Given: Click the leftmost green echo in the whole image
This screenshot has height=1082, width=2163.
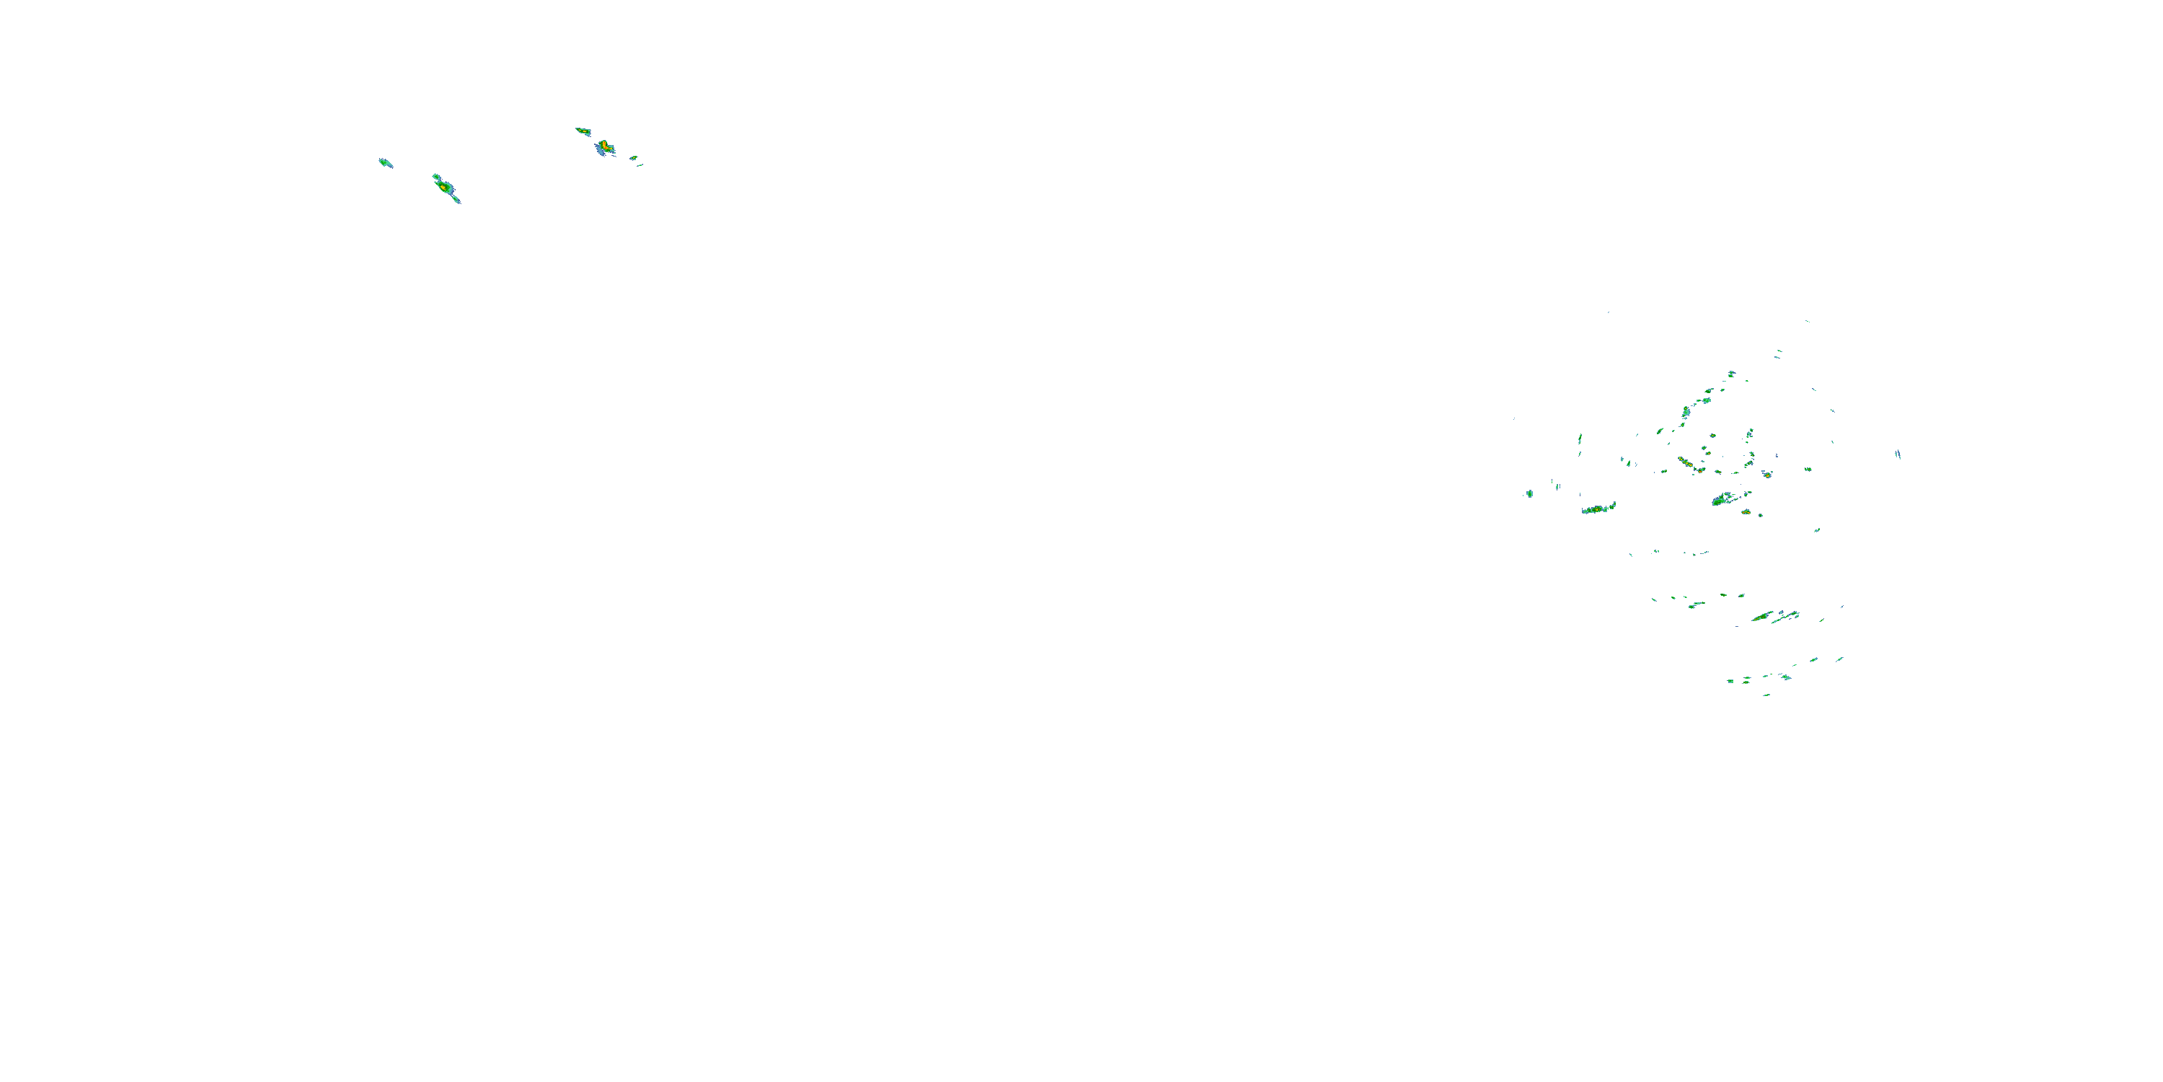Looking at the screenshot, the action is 384,162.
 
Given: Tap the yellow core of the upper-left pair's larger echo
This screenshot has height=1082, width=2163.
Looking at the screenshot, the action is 444,188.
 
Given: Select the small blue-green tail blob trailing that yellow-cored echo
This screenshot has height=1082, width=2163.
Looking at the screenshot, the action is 456,200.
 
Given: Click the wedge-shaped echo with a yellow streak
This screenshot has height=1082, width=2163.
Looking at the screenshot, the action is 583,131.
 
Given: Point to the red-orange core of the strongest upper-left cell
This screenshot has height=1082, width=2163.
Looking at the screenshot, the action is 603,145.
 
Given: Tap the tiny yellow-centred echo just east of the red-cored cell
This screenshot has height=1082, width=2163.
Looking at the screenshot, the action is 634,157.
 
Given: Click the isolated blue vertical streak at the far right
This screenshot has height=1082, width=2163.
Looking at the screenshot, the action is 1898,454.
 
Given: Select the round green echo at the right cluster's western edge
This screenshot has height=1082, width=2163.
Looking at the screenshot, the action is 1529,493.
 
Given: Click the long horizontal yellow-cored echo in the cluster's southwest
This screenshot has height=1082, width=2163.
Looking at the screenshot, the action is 1598,509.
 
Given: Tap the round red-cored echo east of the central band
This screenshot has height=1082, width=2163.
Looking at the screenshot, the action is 1766,475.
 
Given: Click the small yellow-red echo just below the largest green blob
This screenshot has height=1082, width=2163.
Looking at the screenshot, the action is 1746,511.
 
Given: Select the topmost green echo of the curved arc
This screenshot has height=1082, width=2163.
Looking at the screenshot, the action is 1731,373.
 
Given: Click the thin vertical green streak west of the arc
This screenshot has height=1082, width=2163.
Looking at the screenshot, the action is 1580,439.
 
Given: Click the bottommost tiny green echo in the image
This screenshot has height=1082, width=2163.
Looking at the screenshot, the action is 1766,695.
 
